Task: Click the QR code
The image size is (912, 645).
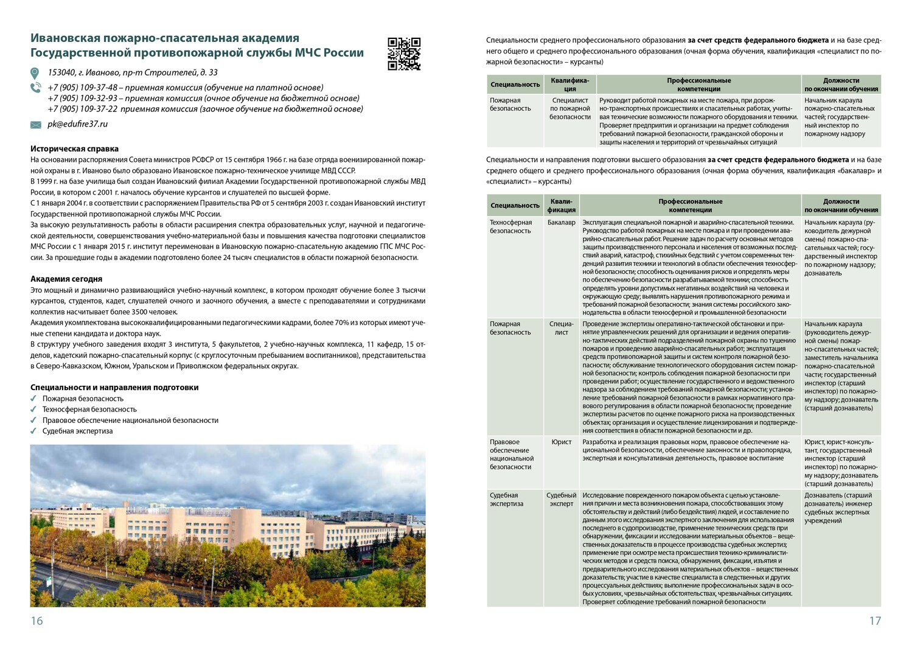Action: point(404,54)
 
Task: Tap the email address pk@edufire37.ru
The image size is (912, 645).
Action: point(77,124)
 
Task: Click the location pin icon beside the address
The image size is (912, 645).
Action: point(35,73)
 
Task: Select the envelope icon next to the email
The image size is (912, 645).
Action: point(36,125)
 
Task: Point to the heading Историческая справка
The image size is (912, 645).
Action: point(74,148)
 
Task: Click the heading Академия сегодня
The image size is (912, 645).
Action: point(66,279)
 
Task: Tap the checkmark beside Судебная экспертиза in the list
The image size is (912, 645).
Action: point(34,431)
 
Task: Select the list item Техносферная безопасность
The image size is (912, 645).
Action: point(89,410)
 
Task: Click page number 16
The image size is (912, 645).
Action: point(37,621)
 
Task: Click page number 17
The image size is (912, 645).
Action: point(874,621)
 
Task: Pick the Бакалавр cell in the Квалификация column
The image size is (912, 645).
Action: point(561,222)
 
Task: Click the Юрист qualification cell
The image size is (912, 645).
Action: point(561,442)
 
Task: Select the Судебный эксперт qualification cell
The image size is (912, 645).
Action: point(561,500)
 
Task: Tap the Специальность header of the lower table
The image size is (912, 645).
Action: point(515,206)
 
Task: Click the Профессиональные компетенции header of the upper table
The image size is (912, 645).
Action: point(698,85)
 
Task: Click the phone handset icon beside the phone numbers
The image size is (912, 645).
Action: point(35,88)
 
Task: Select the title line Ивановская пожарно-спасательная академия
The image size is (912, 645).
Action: point(165,38)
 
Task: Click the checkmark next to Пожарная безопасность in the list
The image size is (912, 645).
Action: point(34,399)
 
